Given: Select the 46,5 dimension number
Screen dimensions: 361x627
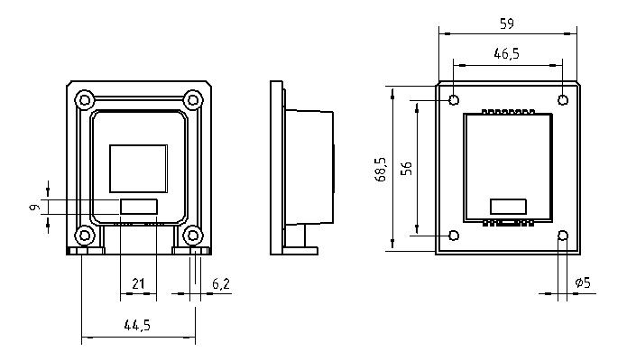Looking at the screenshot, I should click(x=506, y=54).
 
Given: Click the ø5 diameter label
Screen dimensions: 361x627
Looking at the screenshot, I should click(x=583, y=283).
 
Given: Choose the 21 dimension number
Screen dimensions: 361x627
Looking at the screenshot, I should click(x=138, y=283).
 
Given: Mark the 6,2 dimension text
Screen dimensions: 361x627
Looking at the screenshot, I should click(x=221, y=283).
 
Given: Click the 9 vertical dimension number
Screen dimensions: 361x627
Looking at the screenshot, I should click(x=34, y=207).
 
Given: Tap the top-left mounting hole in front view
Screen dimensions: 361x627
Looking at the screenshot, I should click(x=84, y=98).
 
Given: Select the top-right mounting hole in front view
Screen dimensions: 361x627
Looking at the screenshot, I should click(x=192, y=98).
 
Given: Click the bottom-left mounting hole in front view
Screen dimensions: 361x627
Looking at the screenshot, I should click(x=84, y=236).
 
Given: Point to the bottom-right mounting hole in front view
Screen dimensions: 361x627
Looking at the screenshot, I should click(x=192, y=236).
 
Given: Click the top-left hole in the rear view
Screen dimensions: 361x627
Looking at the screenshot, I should click(x=454, y=99).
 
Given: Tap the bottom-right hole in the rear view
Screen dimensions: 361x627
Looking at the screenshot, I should click(x=563, y=236).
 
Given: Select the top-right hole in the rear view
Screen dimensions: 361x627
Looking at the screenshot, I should click(x=563, y=99).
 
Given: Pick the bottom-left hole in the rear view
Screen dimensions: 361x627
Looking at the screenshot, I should click(x=454, y=236).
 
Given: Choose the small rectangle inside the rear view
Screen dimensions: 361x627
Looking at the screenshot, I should click(x=506, y=205).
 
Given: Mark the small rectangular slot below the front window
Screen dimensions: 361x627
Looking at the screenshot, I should click(x=139, y=207).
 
